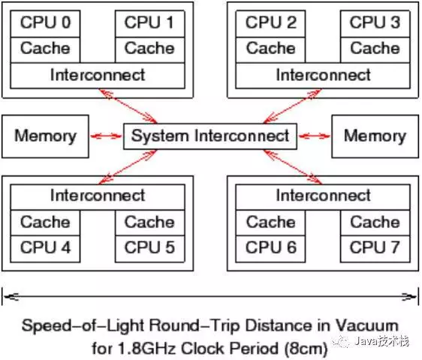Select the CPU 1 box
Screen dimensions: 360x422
pyautogui.click(x=149, y=23)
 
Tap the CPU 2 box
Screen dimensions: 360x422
pyautogui.click(x=270, y=23)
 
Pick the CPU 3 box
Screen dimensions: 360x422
pyautogui.click(x=375, y=23)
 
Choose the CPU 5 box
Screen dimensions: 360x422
pyautogui.click(x=149, y=247)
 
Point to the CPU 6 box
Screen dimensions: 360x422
pyautogui.click(x=270, y=247)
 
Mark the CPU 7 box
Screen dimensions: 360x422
pyautogui.click(x=375, y=247)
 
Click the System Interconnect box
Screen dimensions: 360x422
pyautogui.click(x=209, y=136)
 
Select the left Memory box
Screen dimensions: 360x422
pyautogui.click(x=45, y=136)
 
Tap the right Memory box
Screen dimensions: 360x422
pyautogui.click(x=375, y=136)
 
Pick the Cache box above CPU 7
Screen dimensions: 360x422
pyautogui.click(x=375, y=222)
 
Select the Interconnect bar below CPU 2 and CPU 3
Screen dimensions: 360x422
pyautogui.click(x=323, y=75)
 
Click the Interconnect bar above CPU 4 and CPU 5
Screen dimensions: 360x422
pyautogui.click(x=98, y=196)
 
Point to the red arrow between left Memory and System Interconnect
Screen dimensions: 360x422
pyautogui.click(x=106, y=136)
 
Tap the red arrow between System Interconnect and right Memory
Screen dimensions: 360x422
pyautogui.click(x=314, y=136)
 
